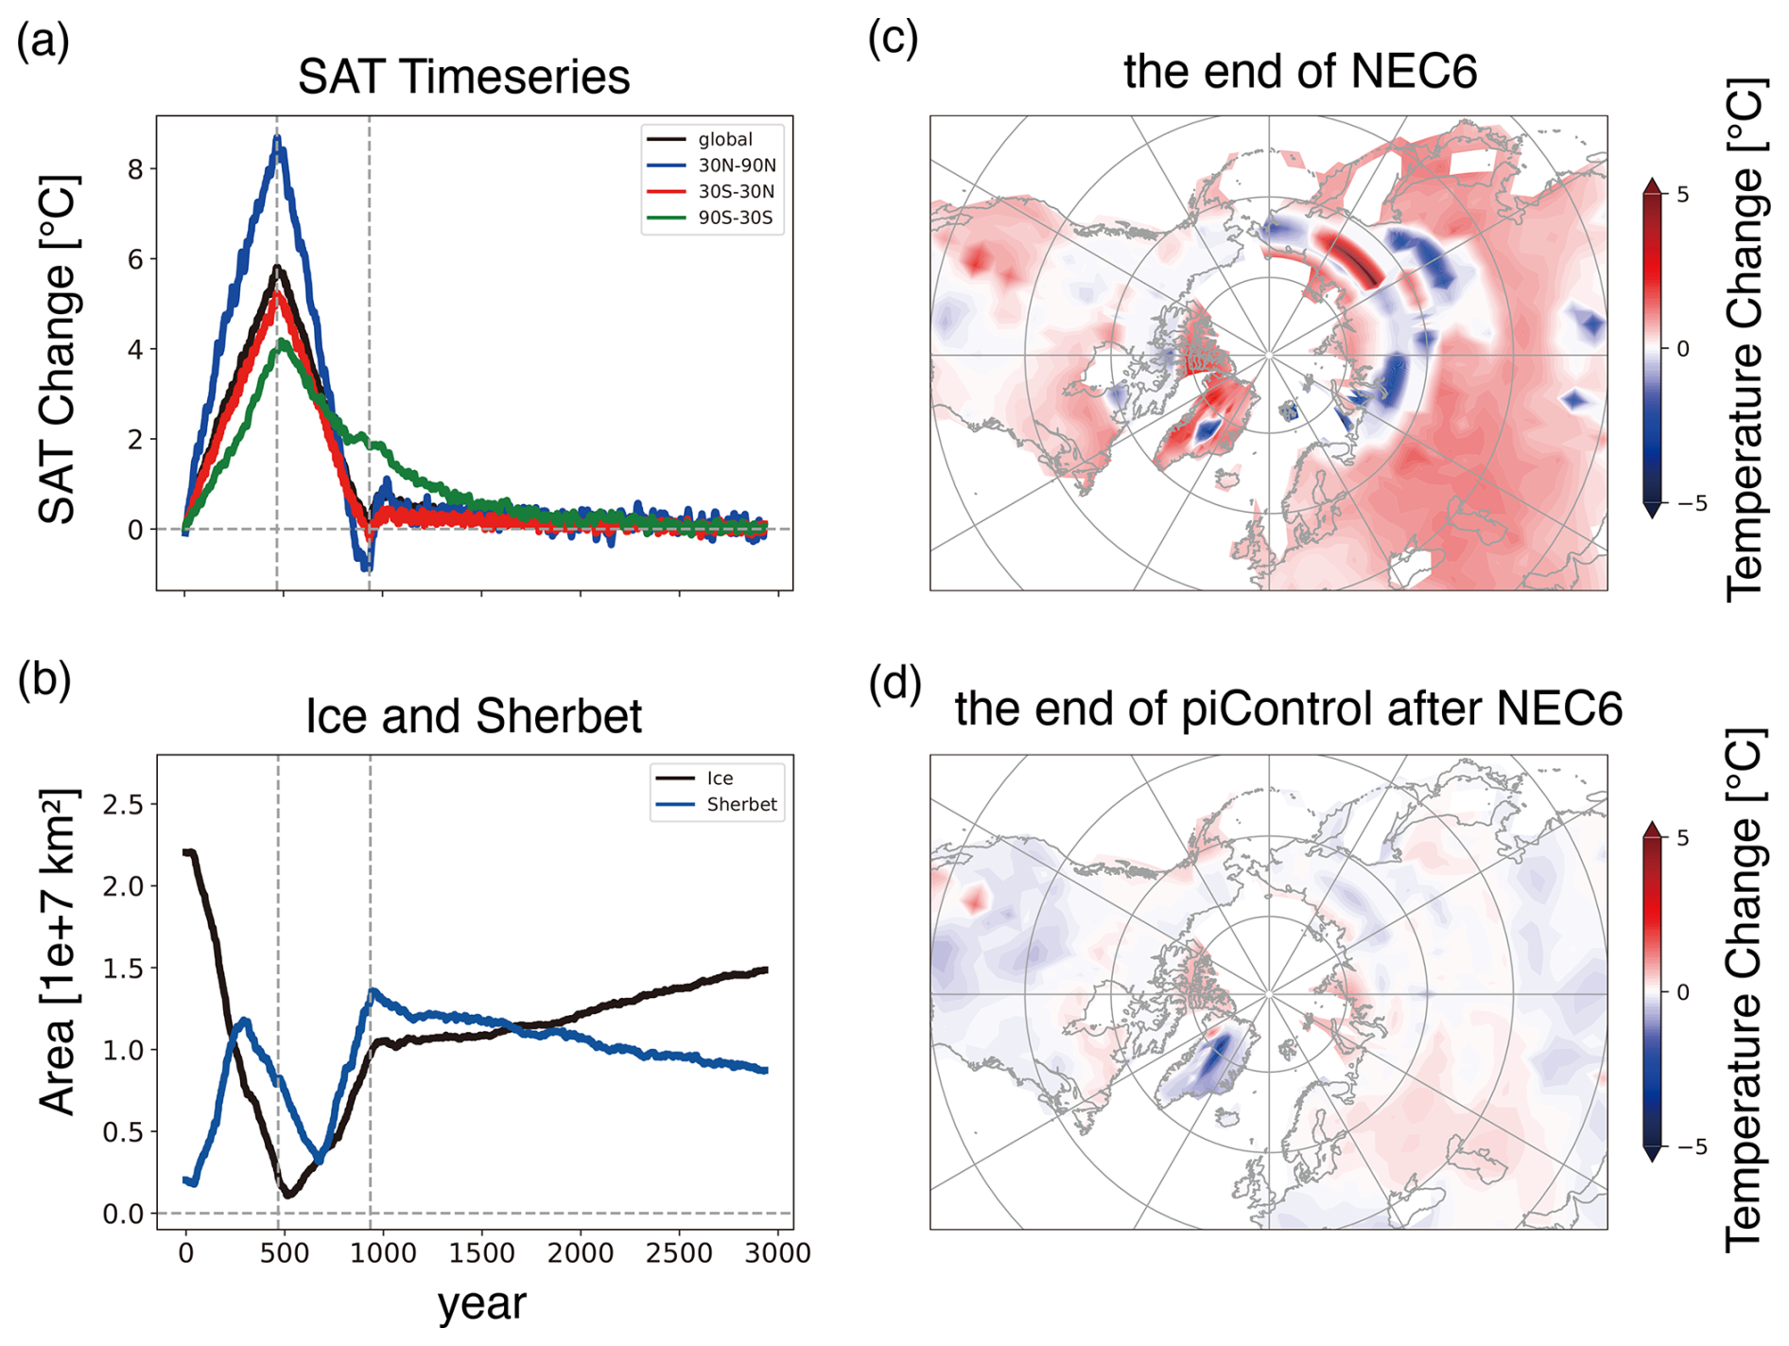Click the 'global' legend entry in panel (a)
pyautogui.click(x=700, y=139)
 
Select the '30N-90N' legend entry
pyautogui.click(x=711, y=166)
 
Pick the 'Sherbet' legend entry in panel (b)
pyautogui.click(x=716, y=804)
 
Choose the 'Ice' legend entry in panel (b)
pyautogui.click(x=694, y=778)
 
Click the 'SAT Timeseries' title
pyautogui.click(x=463, y=77)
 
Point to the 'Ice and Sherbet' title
pyautogui.click(x=474, y=715)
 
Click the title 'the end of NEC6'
pyautogui.click(x=1300, y=71)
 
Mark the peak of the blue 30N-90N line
pyautogui.click(x=277, y=138)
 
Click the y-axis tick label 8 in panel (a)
pyautogui.click(x=136, y=169)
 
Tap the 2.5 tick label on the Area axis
pyautogui.click(x=123, y=804)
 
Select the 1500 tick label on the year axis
pyautogui.click(x=481, y=1253)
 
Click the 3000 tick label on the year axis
pyautogui.click(x=777, y=1253)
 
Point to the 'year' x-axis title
pyautogui.click(x=481, y=1303)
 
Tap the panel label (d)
pyautogui.click(x=894, y=683)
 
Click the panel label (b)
pyautogui.click(x=43, y=680)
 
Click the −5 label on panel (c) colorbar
pyautogui.click(x=1692, y=503)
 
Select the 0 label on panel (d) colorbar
pyautogui.click(x=1682, y=992)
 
